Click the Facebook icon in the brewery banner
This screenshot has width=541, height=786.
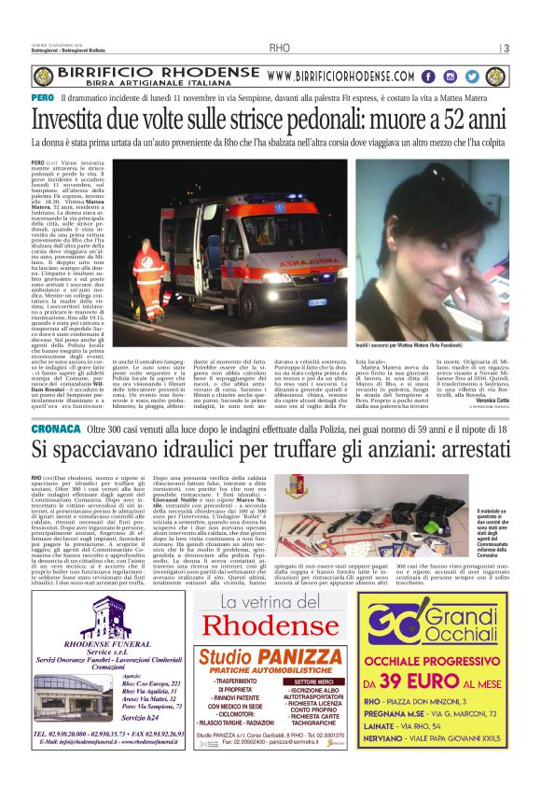coord(427,77)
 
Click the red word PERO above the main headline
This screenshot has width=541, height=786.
coord(41,98)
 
